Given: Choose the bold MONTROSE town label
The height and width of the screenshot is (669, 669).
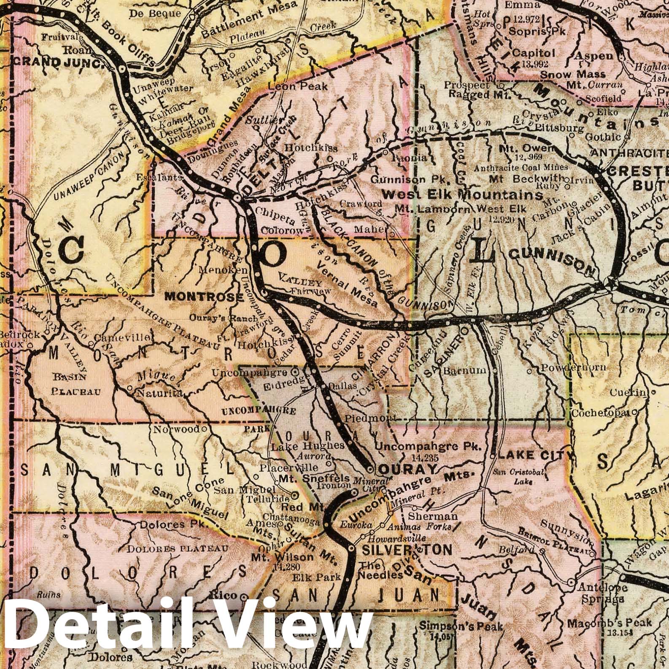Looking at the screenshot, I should tap(204, 297).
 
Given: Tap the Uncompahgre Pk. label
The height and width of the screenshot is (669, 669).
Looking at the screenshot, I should tap(429, 446).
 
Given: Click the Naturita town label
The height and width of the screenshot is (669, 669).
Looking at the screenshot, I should tap(158, 393).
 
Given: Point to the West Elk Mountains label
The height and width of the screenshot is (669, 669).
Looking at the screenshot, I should tap(462, 195).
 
